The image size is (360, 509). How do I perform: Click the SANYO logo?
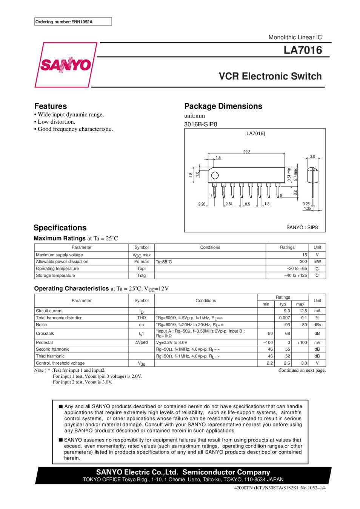tap(65, 65)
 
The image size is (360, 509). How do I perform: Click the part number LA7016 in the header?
tap(303, 50)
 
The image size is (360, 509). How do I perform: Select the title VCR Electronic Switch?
tap(270, 76)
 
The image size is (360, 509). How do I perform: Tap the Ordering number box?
tap(73, 22)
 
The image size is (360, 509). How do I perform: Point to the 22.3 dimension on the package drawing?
tap(247, 152)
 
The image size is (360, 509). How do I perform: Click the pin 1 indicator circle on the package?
tap(215, 175)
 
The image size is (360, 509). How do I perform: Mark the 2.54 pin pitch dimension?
tap(229, 204)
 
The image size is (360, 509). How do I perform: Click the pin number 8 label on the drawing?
tap(281, 195)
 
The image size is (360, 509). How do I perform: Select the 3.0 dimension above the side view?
tap(312, 156)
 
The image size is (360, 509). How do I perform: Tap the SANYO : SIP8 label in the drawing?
tap(302, 227)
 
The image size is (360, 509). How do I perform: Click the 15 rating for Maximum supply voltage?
tap(305, 255)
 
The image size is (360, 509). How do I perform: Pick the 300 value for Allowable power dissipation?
tap(303, 262)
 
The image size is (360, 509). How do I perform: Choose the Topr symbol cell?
tap(142, 268)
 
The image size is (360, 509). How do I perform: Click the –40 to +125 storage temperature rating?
tap(296, 276)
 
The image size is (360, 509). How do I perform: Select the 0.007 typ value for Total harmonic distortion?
tap(285, 318)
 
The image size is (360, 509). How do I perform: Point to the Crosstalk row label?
tap(45, 333)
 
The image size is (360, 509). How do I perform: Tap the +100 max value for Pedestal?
tap(302, 343)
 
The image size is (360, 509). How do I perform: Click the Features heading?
tap(51, 106)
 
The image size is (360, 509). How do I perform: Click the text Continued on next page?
tap(302, 370)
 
